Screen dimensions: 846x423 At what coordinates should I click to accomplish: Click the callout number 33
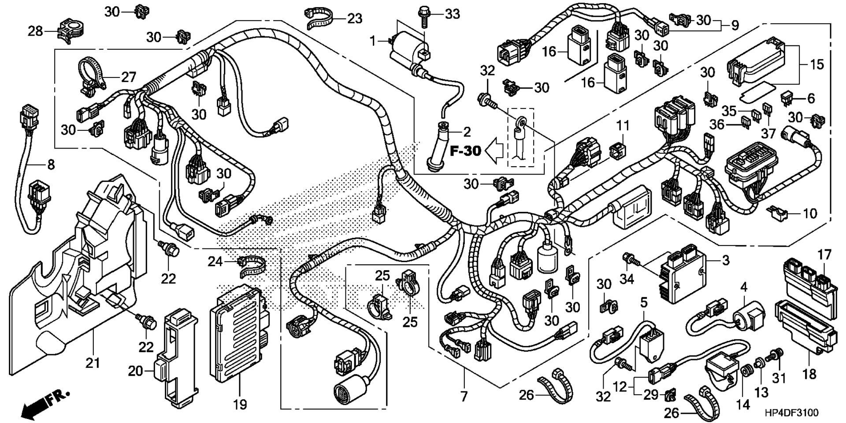[x=452, y=15]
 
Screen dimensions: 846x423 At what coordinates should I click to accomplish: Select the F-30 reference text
[x=465, y=152]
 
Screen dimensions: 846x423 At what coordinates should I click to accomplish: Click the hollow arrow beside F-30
[x=495, y=151]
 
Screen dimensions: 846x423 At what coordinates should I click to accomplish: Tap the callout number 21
[x=93, y=363]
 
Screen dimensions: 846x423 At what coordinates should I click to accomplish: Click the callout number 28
[x=36, y=31]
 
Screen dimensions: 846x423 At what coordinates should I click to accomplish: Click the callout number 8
[x=51, y=165]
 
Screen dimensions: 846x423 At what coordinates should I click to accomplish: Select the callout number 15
[x=816, y=64]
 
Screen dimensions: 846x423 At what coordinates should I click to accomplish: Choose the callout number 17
[x=824, y=255]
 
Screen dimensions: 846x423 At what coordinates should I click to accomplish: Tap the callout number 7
[x=464, y=397]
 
